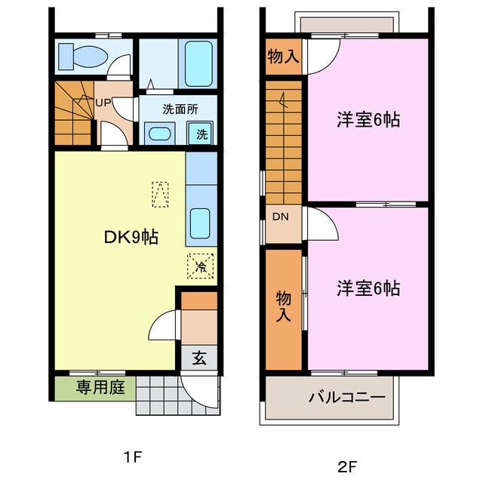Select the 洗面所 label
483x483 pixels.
click(x=180, y=109)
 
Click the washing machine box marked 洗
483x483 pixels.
click(x=202, y=134)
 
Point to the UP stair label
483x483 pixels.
click(x=102, y=103)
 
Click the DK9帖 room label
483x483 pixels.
click(x=131, y=237)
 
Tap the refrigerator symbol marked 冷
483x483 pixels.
click(x=200, y=266)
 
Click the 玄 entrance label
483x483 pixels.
click(x=198, y=358)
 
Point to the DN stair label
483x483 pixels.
click(x=281, y=217)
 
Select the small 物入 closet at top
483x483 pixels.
click(x=282, y=56)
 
